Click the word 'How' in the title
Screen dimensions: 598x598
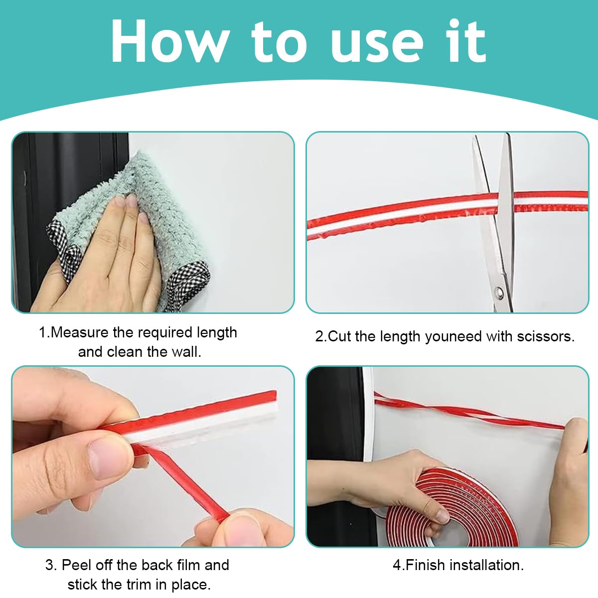(x=169, y=42)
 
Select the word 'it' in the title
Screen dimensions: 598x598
(x=467, y=41)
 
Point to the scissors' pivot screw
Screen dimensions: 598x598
(x=499, y=293)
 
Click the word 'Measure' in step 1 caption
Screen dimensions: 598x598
(x=79, y=332)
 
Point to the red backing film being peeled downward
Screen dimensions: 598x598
(x=183, y=484)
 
